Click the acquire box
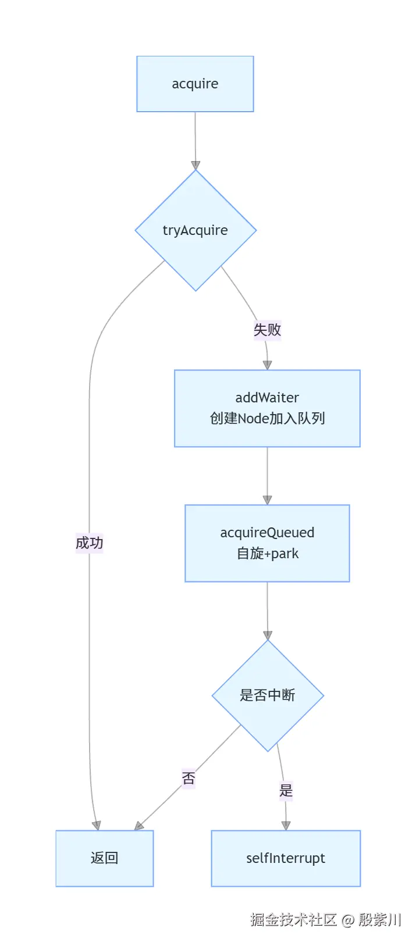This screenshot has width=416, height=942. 195,84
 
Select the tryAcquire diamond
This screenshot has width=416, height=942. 195,230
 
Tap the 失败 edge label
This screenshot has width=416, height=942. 267,330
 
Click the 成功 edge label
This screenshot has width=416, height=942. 89,543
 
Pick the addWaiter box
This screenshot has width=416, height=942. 267,398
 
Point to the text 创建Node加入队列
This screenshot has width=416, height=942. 267,419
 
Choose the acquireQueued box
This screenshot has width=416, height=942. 267,533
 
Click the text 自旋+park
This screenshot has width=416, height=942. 267,554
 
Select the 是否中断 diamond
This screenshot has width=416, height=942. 268,695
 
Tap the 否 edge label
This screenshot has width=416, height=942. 188,779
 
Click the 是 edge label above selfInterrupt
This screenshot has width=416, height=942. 286,791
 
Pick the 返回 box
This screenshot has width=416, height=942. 105,858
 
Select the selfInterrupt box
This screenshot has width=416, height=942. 286,858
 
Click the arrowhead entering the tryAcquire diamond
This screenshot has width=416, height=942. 195,165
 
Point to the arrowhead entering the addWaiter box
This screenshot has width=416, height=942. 267,365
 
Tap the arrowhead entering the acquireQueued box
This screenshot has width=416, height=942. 267,499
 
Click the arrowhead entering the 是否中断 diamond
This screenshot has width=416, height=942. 268,634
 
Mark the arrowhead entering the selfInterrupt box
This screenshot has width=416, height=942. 286,825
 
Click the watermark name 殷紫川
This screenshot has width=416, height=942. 379,919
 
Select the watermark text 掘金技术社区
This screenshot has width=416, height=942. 293,919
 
